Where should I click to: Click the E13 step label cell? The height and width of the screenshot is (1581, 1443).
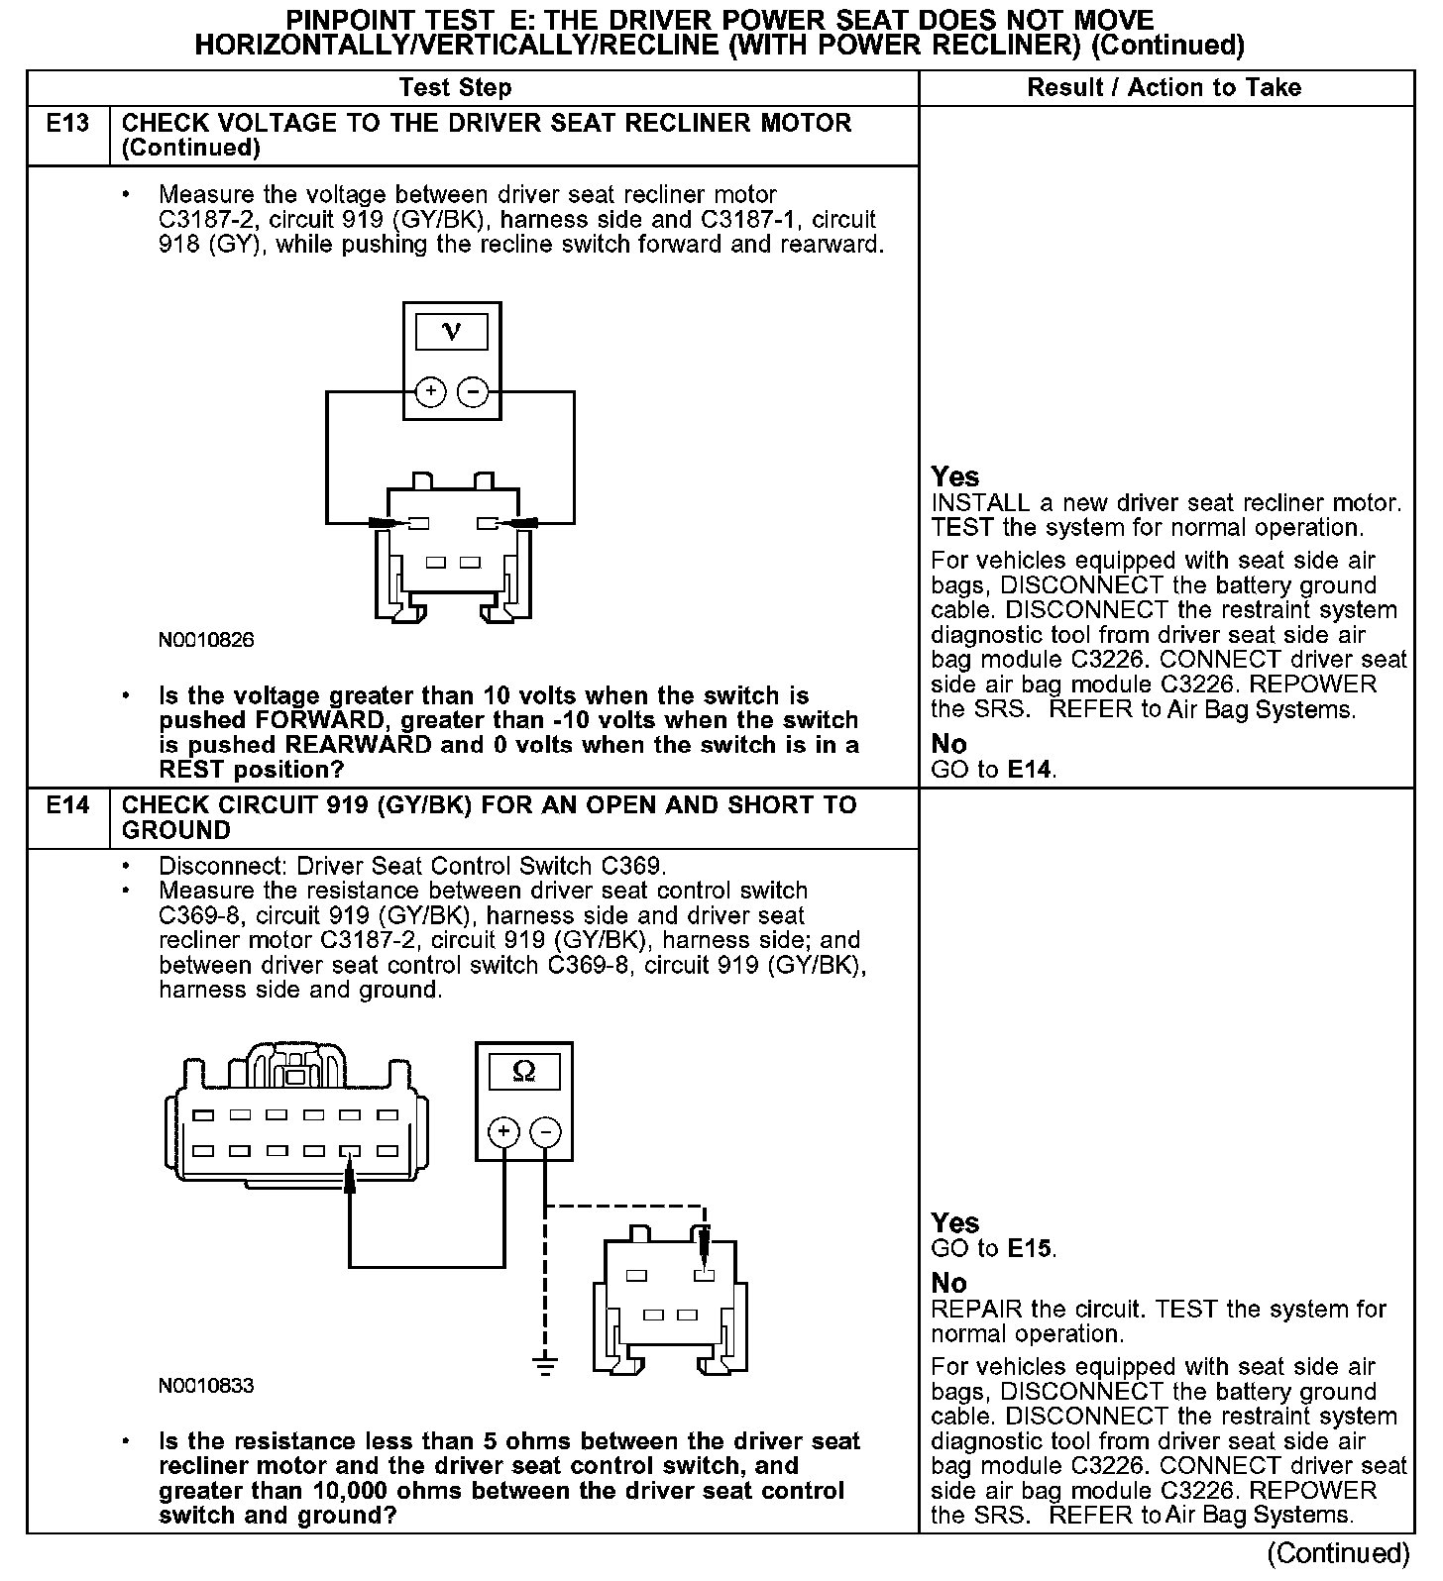[67, 124]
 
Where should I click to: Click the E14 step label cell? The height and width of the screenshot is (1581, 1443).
[67, 805]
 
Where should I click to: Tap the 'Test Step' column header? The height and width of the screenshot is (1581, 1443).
[455, 88]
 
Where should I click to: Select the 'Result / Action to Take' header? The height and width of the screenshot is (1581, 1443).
[1164, 88]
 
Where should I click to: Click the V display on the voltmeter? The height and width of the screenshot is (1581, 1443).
[452, 332]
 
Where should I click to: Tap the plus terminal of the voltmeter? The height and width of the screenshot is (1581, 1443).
[430, 392]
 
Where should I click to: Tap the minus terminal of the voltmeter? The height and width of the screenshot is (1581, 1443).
[473, 392]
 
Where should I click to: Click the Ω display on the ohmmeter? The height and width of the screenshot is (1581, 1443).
[524, 1072]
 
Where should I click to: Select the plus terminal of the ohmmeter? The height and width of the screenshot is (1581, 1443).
[503, 1132]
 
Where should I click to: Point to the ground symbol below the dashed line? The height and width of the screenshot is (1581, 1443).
[544, 1364]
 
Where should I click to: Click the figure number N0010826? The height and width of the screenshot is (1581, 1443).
[206, 640]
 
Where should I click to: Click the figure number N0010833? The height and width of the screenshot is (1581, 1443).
[206, 1386]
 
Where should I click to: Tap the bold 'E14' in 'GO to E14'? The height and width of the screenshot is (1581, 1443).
[1030, 770]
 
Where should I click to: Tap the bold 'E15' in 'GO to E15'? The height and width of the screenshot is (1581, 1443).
[1030, 1249]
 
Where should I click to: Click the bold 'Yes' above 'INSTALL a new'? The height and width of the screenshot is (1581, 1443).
[954, 476]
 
